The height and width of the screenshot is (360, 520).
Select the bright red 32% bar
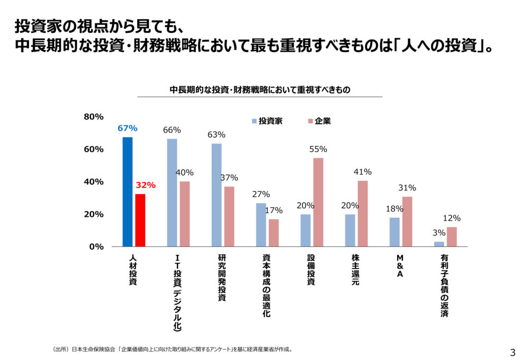click(140, 220)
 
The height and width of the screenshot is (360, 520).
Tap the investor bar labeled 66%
click(172, 193)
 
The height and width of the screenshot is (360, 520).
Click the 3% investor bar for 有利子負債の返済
click(439, 244)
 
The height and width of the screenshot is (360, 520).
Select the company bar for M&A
click(407, 221)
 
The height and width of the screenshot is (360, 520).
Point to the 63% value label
click(216, 135)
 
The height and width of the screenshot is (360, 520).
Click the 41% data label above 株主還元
click(363, 172)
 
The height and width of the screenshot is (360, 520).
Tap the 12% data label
click(451, 218)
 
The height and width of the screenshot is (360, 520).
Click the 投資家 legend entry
click(267, 121)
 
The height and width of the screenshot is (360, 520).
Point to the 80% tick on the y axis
click(93, 117)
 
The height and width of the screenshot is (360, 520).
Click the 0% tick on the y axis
click(96, 247)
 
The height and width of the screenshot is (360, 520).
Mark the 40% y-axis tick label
click(93, 182)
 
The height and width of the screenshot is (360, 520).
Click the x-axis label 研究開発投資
click(221, 278)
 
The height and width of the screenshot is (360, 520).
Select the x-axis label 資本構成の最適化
click(266, 286)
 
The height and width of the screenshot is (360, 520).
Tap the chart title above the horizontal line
click(260, 89)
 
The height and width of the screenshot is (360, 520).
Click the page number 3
click(512, 351)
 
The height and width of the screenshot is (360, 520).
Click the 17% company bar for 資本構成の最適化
click(273, 233)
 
